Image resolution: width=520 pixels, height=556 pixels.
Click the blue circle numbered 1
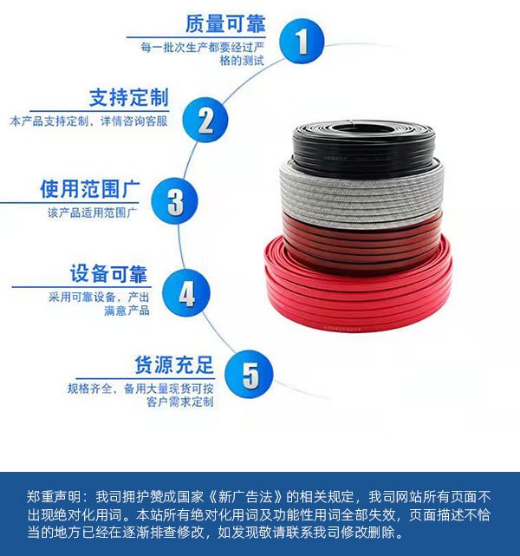[302, 41]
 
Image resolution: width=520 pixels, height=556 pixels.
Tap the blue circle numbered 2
[205, 121]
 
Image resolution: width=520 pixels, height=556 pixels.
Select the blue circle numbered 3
[174, 200]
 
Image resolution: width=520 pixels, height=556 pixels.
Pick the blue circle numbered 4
[186, 293]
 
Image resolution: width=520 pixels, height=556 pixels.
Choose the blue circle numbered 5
[250, 374]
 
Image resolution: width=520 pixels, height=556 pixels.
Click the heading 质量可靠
[225, 23]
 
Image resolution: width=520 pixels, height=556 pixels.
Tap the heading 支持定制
[129, 98]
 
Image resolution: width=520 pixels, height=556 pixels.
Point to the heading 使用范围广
[90, 188]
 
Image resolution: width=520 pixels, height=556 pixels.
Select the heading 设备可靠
[108, 273]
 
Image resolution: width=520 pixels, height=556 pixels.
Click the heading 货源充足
[174, 365]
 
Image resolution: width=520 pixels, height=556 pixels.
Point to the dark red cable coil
[361, 245]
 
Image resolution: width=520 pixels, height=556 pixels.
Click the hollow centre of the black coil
[361, 128]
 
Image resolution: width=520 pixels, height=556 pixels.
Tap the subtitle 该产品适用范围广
[93, 213]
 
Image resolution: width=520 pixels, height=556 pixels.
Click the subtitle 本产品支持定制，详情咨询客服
[89, 121]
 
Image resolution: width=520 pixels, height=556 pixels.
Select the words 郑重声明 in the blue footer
[54, 497]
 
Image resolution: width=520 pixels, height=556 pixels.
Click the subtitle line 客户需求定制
[180, 402]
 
